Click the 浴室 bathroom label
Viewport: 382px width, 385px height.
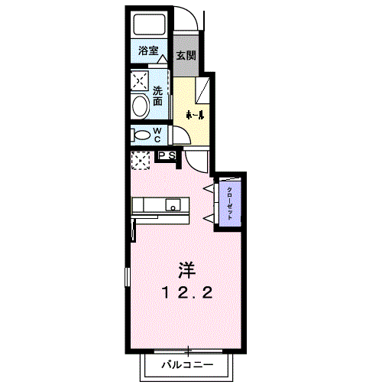click(148, 52)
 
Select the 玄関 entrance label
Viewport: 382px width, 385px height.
click(185, 55)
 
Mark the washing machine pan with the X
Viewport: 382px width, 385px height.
click(139, 80)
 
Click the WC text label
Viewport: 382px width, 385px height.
click(157, 135)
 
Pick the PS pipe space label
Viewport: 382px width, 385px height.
click(167, 155)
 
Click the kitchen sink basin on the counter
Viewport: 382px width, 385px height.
click(174, 205)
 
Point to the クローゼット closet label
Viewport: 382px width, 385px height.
click(230, 203)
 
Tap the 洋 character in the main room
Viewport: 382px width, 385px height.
click(186, 269)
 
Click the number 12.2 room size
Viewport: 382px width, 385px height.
click(186, 292)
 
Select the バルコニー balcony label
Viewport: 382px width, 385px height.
click(186, 364)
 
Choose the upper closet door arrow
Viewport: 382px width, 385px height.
click(208, 187)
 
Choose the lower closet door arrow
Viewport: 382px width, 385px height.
click(208, 216)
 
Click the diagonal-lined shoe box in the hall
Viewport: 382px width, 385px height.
click(202, 90)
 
